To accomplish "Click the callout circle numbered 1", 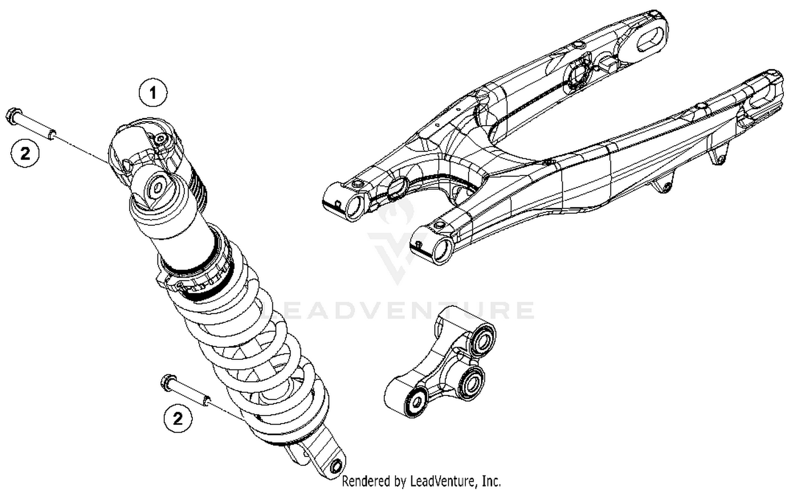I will click(x=153, y=94).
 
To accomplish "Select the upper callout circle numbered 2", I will click(x=25, y=153).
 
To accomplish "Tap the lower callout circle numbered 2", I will click(x=178, y=418).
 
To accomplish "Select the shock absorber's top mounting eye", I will click(x=158, y=188).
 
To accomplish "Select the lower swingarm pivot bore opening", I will click(x=441, y=249).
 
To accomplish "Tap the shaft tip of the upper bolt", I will click(x=52, y=132).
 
